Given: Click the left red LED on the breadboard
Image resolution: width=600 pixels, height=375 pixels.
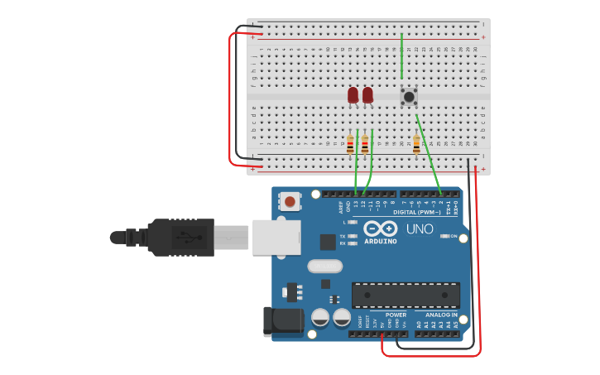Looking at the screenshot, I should coord(353,95).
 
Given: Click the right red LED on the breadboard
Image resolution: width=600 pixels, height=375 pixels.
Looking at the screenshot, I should coord(367,95).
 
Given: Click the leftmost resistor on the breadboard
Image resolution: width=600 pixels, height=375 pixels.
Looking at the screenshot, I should coord(350,145).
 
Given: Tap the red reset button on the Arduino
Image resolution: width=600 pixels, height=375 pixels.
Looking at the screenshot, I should coord(290,200).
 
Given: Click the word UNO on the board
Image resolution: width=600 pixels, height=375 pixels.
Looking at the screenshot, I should coord(419,228).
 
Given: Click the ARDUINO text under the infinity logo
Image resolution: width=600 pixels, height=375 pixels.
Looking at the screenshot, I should coord(380,242).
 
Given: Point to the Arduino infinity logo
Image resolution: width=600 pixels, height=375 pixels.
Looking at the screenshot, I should coord(380,228).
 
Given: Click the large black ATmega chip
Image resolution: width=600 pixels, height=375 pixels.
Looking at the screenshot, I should coord(406,296).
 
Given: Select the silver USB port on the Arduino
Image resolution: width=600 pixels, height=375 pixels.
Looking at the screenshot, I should coord(276,237).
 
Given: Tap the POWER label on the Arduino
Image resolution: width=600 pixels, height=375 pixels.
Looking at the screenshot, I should coord(396,315).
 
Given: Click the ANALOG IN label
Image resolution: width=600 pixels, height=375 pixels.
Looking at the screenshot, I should coord(442,315).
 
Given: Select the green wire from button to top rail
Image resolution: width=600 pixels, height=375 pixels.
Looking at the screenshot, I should coord(401,58).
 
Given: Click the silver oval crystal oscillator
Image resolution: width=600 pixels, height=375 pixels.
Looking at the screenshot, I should coord(324,267).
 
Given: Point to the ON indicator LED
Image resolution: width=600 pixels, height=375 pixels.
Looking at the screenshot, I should coord(445,236).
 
